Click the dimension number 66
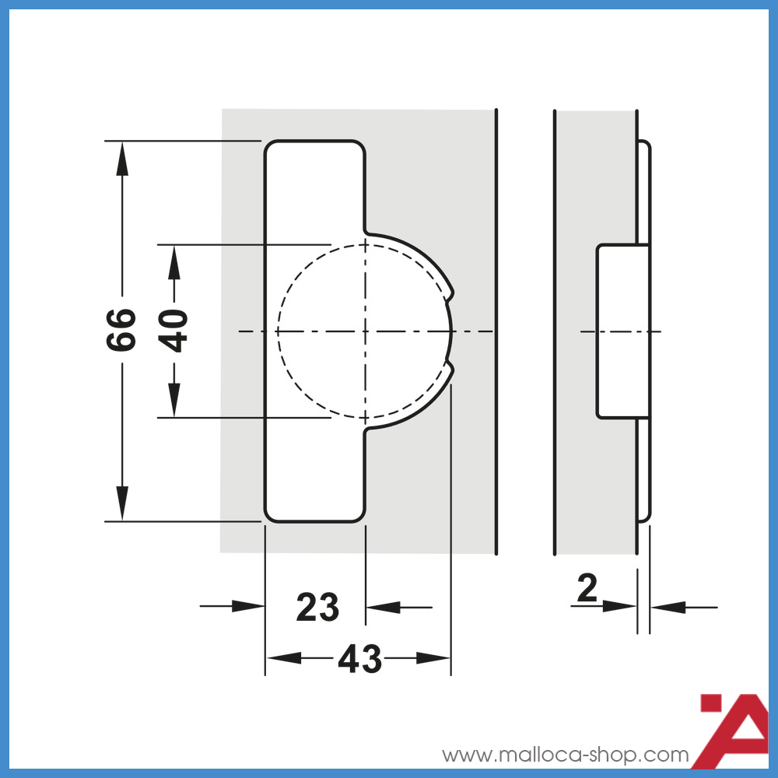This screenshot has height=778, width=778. (122, 331)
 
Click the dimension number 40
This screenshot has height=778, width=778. (175, 331)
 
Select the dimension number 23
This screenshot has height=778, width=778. (317, 608)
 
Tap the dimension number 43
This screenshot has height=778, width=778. (359, 660)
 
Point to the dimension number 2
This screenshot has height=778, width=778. (587, 589)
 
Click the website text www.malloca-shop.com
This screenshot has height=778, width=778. (566, 755)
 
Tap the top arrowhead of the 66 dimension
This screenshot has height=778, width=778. (122, 156)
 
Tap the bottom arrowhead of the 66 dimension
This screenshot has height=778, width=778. (122, 505)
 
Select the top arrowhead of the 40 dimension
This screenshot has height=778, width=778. (175, 261)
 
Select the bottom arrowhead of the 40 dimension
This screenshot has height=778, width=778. (175, 401)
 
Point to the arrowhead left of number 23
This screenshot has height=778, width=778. (249, 606)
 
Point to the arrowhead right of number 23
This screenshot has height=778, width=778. (382, 606)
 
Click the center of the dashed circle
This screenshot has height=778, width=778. (365, 331)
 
